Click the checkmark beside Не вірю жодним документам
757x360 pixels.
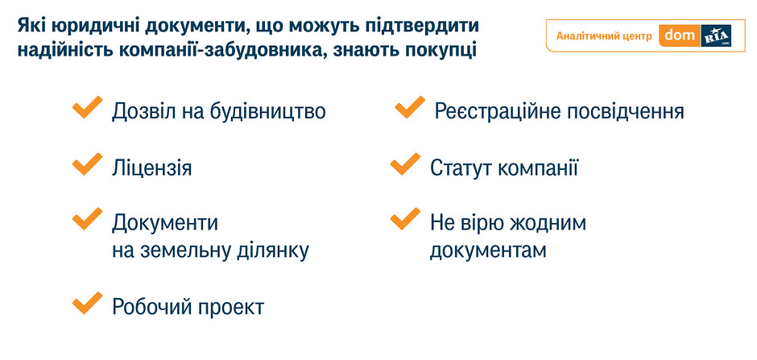click(x=404, y=220)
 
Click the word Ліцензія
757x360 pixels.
click(x=152, y=168)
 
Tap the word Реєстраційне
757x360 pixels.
click(x=497, y=112)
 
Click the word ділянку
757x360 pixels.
click(x=275, y=251)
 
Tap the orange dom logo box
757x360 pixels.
click(x=679, y=35)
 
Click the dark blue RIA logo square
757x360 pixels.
click(x=715, y=35)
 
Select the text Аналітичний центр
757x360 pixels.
click(x=604, y=36)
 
